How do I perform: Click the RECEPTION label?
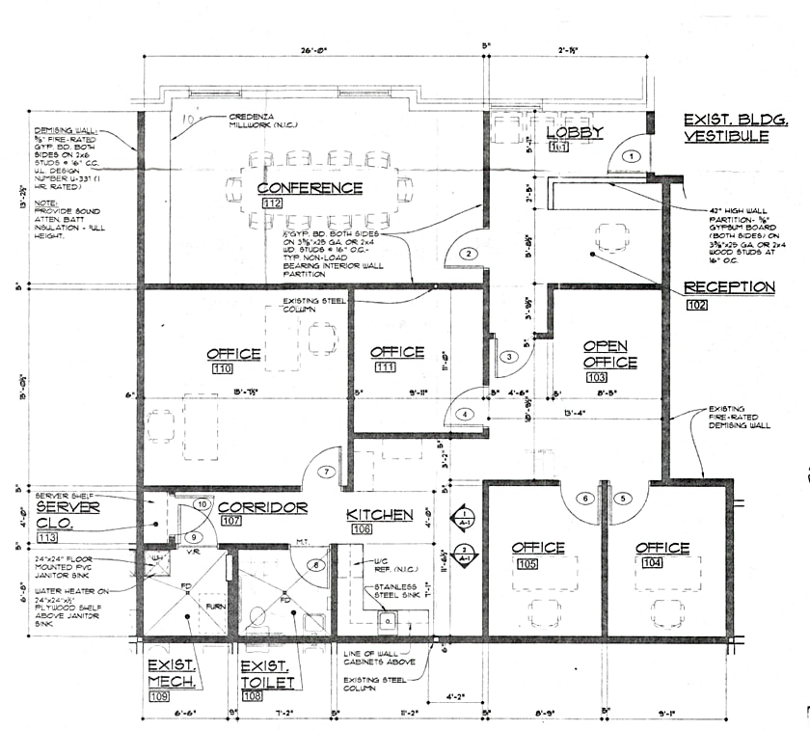729,287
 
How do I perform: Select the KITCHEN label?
380,515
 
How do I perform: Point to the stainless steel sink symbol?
389,620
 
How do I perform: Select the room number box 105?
526,564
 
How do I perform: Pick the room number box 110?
222,369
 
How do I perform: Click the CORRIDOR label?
262,507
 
